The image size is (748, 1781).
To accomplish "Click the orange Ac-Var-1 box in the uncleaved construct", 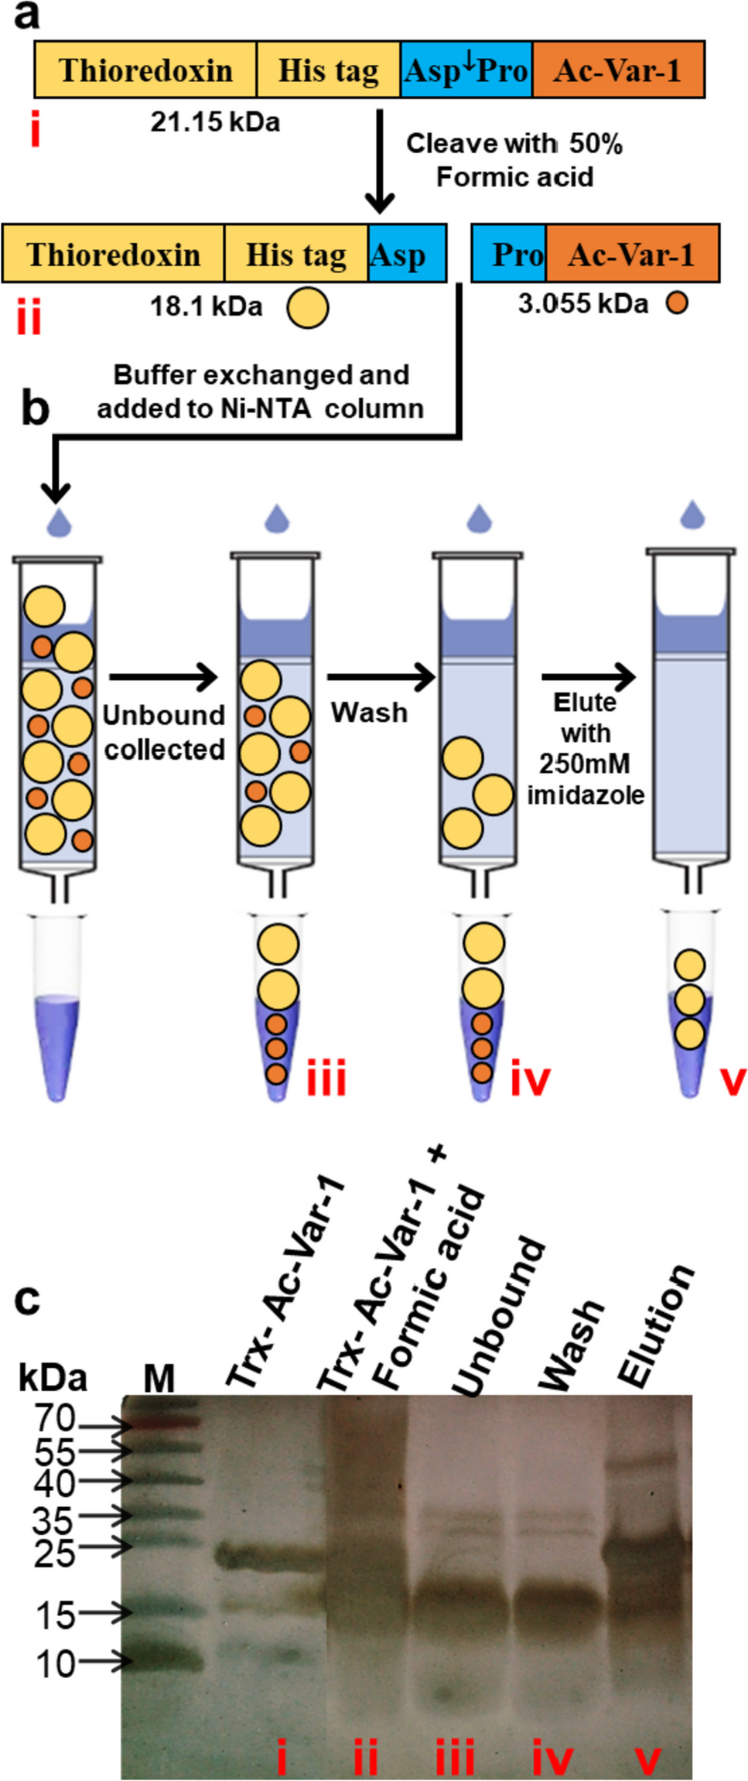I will pyautogui.click(x=617, y=70).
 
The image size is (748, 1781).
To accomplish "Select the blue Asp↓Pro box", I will pyautogui.click(x=466, y=70).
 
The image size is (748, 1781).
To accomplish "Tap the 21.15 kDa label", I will pyautogui.click(x=215, y=122).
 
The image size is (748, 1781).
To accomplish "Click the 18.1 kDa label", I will pyautogui.click(x=206, y=306).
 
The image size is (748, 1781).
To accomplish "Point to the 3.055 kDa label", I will pyautogui.click(x=582, y=303).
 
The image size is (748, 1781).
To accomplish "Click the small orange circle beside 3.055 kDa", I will pyautogui.click(x=677, y=303).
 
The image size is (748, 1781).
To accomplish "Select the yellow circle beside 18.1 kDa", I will pyautogui.click(x=307, y=307).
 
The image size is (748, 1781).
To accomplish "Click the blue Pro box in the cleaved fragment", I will pyautogui.click(x=509, y=255).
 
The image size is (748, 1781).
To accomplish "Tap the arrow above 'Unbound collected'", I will pyautogui.click(x=163, y=677).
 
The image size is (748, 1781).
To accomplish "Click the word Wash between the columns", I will pyautogui.click(x=369, y=713).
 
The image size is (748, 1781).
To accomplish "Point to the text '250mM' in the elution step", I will pyautogui.click(x=585, y=764).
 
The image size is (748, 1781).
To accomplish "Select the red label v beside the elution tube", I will pyautogui.click(x=733, y=1080).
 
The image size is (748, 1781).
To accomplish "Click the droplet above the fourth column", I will pyautogui.click(x=692, y=514).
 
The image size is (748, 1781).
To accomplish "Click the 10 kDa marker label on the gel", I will pyautogui.click(x=56, y=1663).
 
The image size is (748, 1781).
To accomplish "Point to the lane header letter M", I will pyautogui.click(x=159, y=1378).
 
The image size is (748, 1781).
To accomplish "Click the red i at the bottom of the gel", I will pyautogui.click(x=282, y=1756).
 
